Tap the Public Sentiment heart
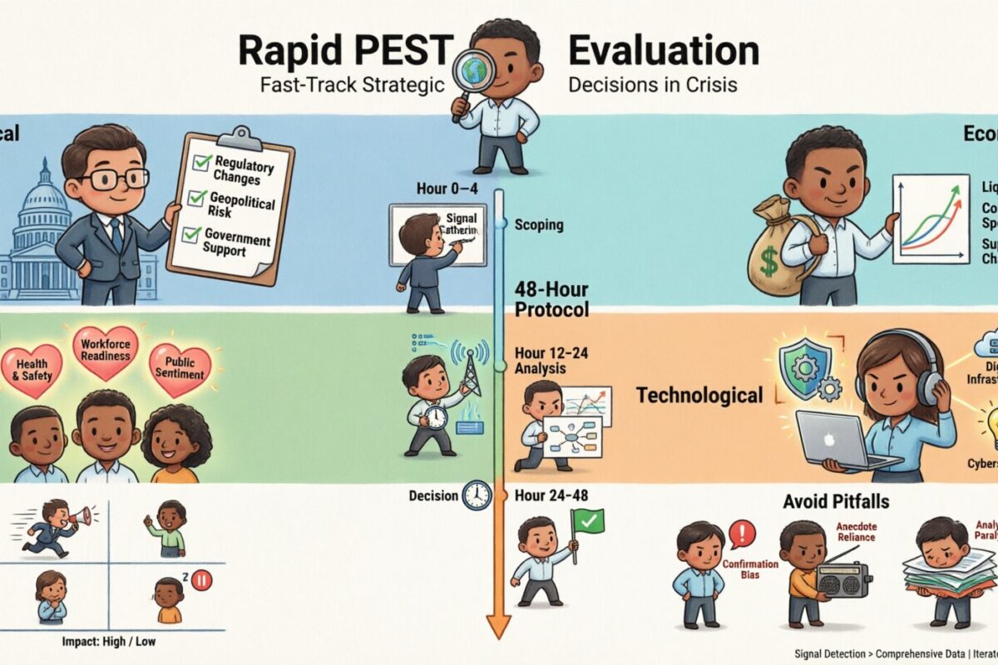pos(179,367)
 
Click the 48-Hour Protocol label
pos(551,301)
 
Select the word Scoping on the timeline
pos(539,224)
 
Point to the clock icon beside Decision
pos(477,496)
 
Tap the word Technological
pos(699,395)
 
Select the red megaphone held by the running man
pos(80,517)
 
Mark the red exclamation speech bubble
pos(741,533)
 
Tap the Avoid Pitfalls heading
pos(836,502)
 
